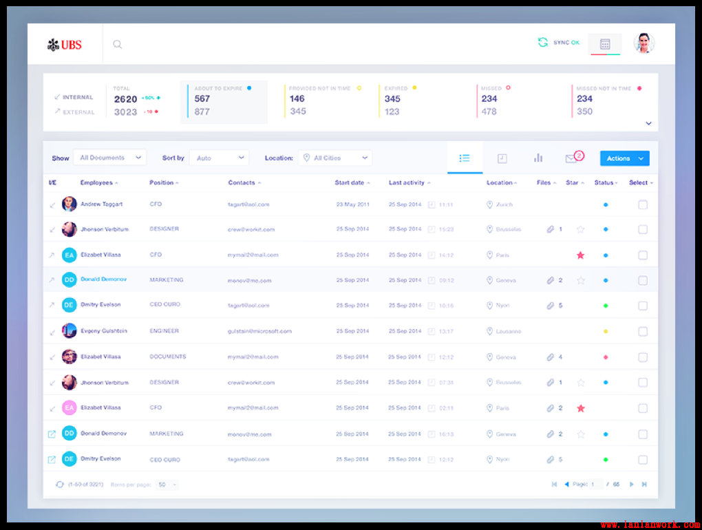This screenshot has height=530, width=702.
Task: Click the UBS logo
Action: (65, 45)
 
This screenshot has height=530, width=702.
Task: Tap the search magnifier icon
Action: (118, 45)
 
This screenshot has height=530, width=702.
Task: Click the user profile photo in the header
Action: (643, 43)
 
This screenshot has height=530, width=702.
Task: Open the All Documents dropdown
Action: (109, 158)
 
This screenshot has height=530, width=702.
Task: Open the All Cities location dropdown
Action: (335, 158)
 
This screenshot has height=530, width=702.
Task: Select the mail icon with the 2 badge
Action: (571, 158)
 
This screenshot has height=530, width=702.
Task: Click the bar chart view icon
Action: (538, 158)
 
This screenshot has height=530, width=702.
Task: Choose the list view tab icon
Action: (465, 158)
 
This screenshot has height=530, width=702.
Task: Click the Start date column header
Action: (350, 183)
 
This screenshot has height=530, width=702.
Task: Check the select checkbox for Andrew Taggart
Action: (643, 204)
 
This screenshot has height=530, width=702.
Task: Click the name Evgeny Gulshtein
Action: (104, 331)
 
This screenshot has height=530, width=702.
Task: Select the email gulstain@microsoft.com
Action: (259, 331)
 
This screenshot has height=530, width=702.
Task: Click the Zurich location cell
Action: (504, 204)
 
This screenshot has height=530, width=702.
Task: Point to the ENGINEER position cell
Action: (164, 331)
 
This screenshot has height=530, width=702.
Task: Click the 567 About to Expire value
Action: (202, 98)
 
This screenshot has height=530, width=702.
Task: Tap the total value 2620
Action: (126, 99)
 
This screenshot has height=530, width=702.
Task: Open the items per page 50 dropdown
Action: (167, 485)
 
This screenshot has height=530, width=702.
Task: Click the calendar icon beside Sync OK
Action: (605, 44)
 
